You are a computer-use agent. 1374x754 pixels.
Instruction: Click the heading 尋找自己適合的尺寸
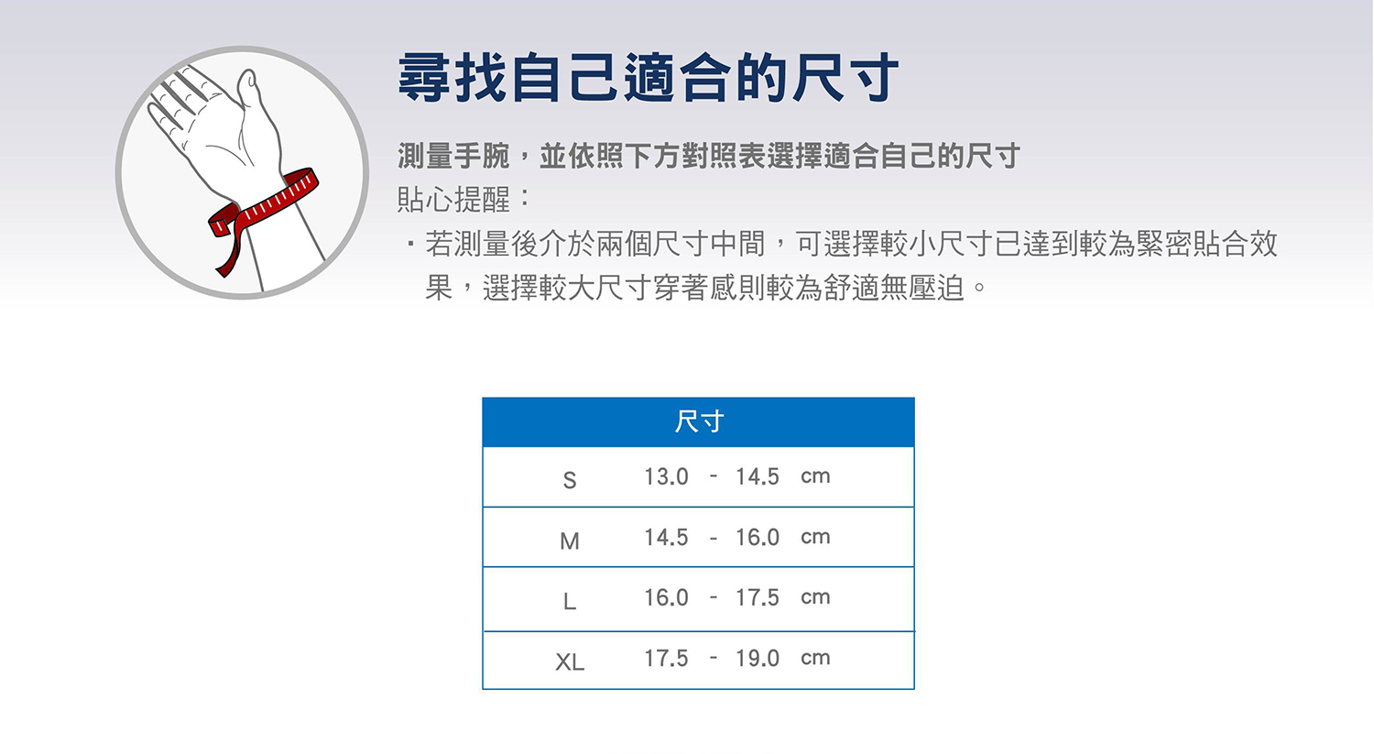tap(649, 78)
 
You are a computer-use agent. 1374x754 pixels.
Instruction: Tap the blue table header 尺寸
tap(699, 421)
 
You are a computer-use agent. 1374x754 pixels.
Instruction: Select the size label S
tap(569, 480)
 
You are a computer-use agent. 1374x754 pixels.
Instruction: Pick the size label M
tap(569, 541)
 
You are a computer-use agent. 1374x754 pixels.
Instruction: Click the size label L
tap(569, 601)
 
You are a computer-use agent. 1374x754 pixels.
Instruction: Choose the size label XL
tap(569, 662)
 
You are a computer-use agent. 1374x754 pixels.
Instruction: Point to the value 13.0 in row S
tap(666, 476)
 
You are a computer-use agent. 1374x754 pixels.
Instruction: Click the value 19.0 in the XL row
tap(758, 659)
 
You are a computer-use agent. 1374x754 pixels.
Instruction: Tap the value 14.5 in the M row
tap(666, 538)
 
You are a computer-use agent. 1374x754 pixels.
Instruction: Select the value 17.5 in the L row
tap(758, 597)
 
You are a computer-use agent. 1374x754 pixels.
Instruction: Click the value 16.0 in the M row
tap(758, 538)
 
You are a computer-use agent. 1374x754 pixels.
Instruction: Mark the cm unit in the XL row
tap(815, 658)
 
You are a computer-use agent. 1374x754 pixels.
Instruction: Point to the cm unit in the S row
tap(815, 476)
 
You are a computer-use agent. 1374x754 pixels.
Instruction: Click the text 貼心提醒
tap(453, 199)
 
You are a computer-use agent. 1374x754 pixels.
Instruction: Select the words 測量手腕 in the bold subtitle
tap(453, 156)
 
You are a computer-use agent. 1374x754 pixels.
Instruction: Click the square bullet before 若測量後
tap(410, 245)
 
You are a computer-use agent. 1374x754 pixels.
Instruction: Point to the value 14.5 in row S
tap(758, 476)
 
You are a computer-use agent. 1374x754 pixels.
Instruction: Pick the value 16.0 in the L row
tap(666, 597)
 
